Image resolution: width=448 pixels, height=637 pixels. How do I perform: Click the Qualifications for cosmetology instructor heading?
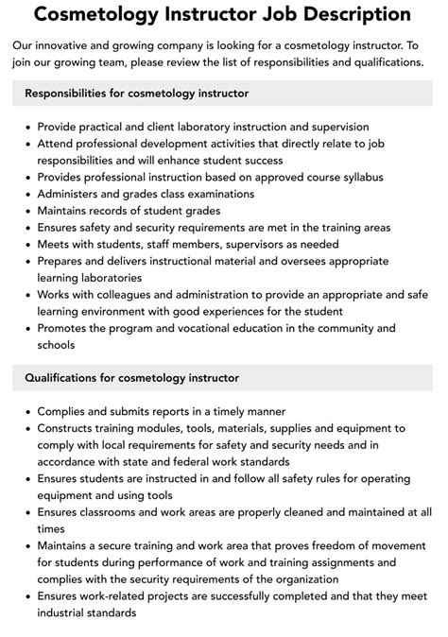[131, 378]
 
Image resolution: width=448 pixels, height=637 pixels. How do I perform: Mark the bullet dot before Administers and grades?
[28, 194]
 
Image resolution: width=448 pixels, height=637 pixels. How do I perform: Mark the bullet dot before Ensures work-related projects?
[28, 598]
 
